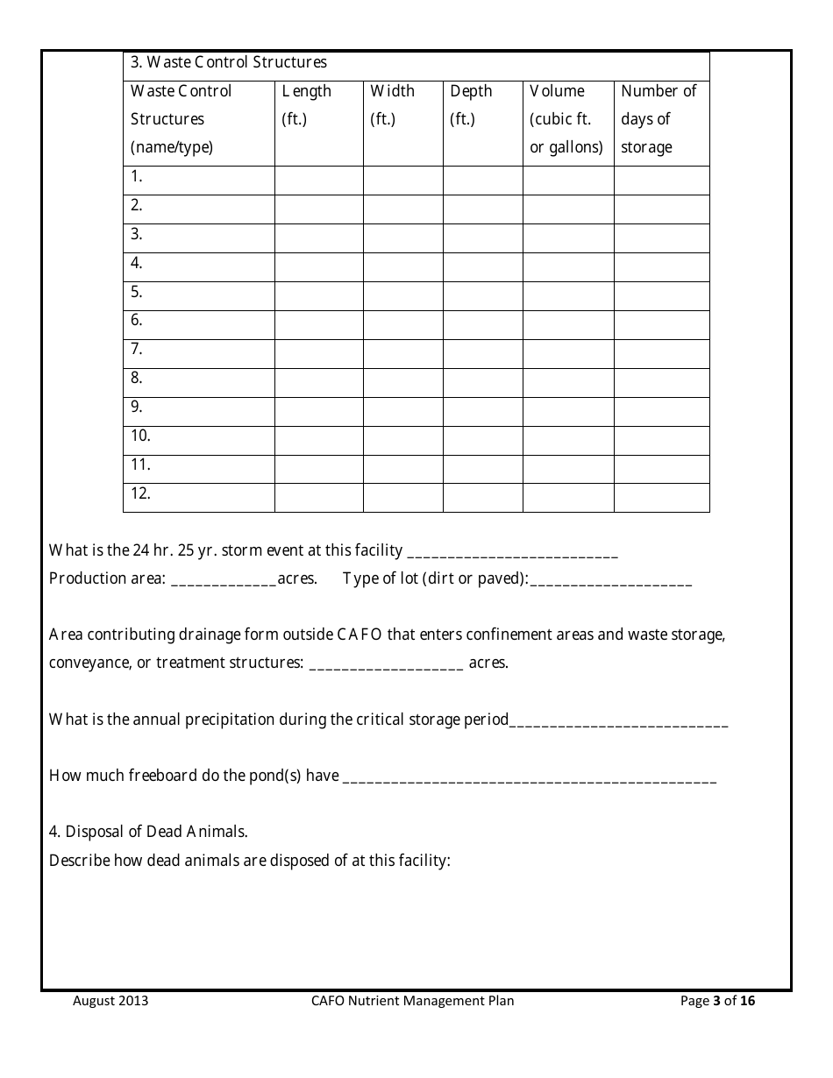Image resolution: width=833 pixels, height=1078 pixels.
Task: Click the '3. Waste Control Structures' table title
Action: click(x=228, y=62)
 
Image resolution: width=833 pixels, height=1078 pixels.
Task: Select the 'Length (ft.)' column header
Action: click(x=306, y=105)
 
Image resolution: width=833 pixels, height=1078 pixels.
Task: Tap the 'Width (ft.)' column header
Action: click(x=392, y=105)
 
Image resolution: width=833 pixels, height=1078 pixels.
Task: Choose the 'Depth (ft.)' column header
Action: click(x=471, y=105)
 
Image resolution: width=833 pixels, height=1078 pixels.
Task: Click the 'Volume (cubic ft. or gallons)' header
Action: click(x=566, y=119)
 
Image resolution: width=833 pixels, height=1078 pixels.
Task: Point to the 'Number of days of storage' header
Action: click(x=659, y=119)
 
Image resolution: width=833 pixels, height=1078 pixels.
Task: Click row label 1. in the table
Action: click(x=137, y=176)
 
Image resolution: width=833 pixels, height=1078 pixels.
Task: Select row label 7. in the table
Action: click(x=137, y=349)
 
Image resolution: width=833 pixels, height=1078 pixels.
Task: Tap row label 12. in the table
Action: click(x=140, y=493)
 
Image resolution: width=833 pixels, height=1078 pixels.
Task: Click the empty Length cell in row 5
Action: click(x=318, y=295)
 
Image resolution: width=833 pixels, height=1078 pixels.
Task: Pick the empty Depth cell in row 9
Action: click(x=482, y=411)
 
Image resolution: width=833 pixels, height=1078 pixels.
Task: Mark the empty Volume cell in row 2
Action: click(x=567, y=209)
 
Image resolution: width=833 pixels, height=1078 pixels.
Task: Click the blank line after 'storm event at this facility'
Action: click(x=513, y=552)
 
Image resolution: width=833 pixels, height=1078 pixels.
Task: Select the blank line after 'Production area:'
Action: click(x=224, y=580)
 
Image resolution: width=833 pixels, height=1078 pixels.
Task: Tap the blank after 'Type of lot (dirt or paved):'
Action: click(x=610, y=580)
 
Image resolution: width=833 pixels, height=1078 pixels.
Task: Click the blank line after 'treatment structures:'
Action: click(x=387, y=664)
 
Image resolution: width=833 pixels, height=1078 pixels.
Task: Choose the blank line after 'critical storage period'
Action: click(x=618, y=721)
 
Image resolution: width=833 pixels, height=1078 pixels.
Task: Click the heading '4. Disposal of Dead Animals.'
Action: click(x=148, y=832)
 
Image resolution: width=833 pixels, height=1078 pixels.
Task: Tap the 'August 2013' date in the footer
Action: click(x=110, y=1001)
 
